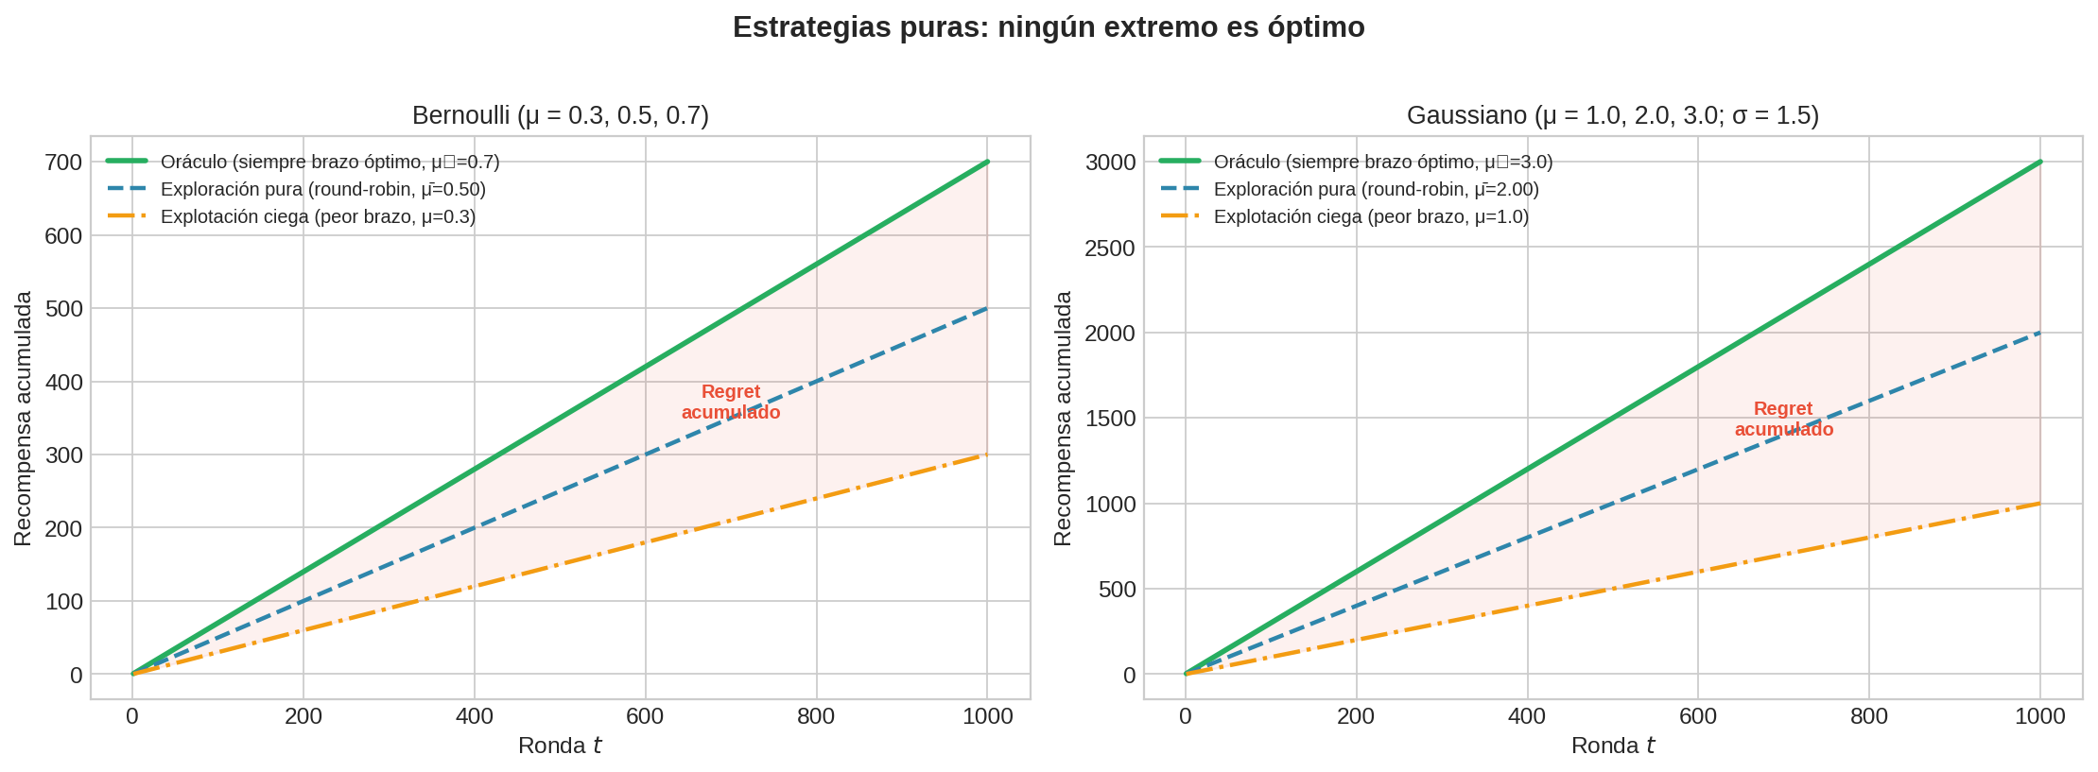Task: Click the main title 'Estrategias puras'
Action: pyautogui.click(x=1048, y=28)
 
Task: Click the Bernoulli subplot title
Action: pyautogui.click(x=560, y=116)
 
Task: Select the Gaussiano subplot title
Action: pyautogui.click(x=1612, y=116)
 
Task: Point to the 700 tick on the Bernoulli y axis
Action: pyautogui.click(x=63, y=163)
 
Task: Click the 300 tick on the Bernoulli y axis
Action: pyautogui.click(x=63, y=455)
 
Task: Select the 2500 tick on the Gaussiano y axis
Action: pyautogui.click(x=1110, y=248)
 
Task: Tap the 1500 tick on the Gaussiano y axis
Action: pyautogui.click(x=1110, y=419)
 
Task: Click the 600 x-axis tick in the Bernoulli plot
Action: pyautogui.click(x=645, y=717)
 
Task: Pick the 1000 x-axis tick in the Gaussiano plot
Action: pyautogui.click(x=2039, y=717)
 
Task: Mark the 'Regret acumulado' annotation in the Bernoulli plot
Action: pyautogui.click(x=731, y=403)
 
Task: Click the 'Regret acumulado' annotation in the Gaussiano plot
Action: pyautogui.click(x=1783, y=420)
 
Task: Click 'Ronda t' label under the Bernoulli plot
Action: pyautogui.click(x=560, y=746)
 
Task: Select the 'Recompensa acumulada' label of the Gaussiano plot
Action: pyautogui.click(x=1064, y=418)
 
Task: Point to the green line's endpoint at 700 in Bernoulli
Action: pyautogui.click(x=987, y=163)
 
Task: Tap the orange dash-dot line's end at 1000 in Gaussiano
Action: pyautogui.click(x=2040, y=504)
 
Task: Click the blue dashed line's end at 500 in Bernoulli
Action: pyautogui.click(x=987, y=308)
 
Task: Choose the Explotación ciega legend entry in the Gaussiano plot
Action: pyautogui.click(x=1370, y=217)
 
